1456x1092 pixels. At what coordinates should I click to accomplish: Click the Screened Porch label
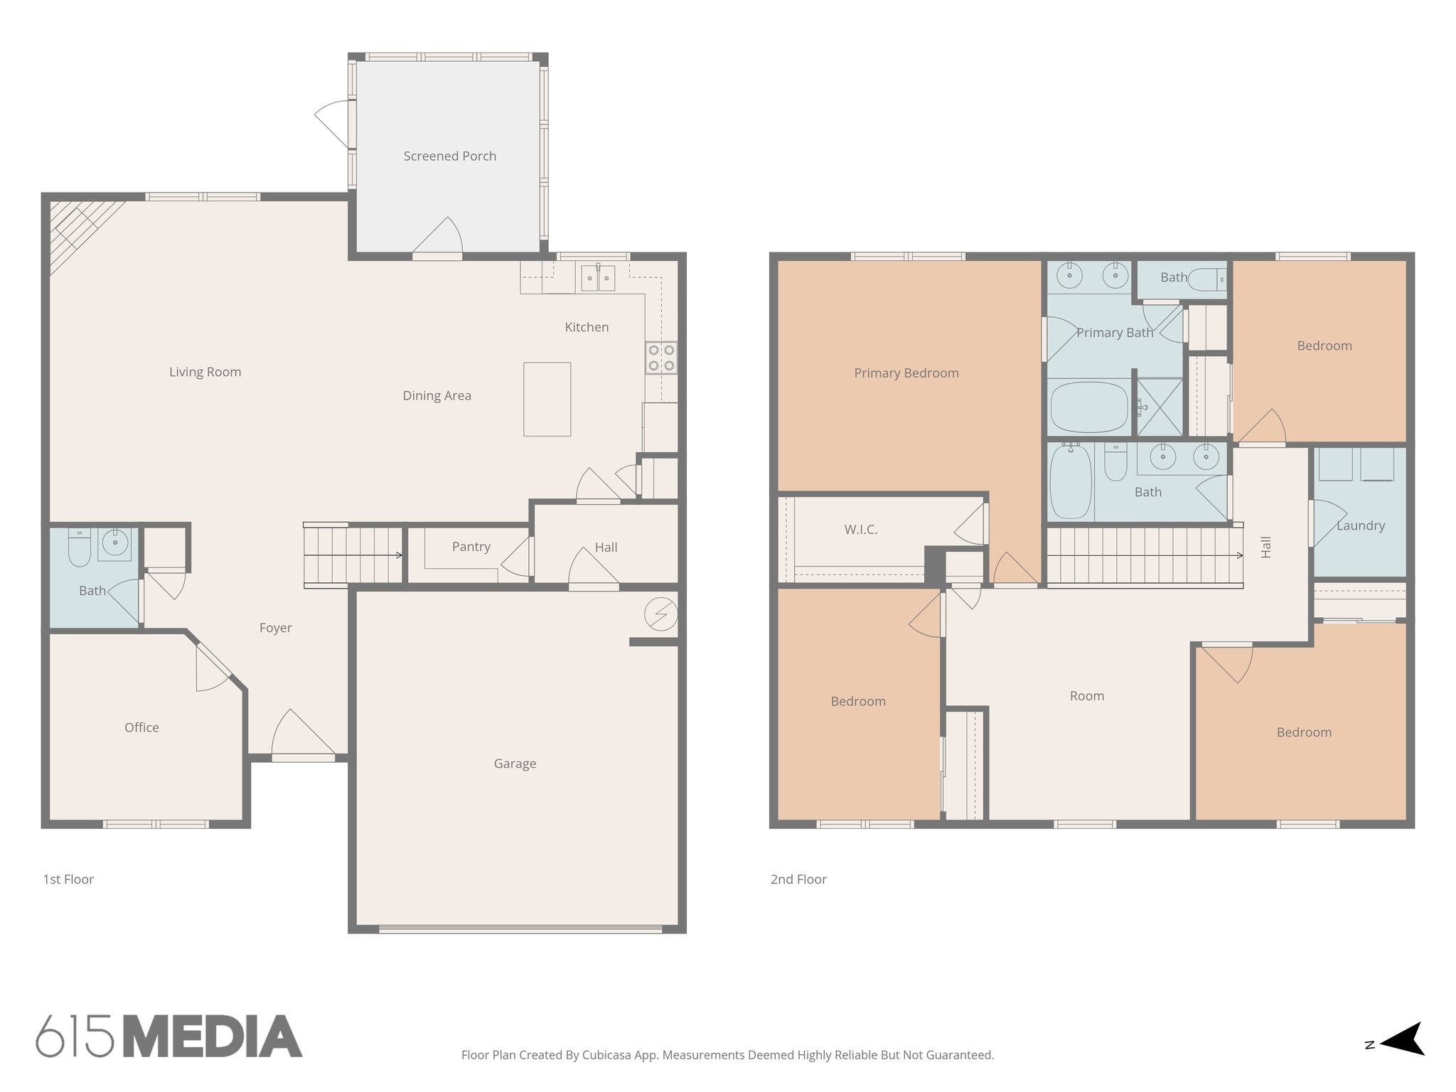[449, 156]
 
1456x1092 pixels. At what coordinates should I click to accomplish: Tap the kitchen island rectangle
[547, 399]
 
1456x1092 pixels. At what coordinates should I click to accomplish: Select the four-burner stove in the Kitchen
[660, 358]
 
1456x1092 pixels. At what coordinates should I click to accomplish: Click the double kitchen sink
[597, 277]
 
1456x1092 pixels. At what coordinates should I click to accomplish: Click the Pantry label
[471, 547]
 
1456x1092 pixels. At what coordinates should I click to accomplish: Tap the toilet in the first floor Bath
[80, 547]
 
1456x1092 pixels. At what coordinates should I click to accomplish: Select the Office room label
[141, 727]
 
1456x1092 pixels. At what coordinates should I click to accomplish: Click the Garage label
[515, 764]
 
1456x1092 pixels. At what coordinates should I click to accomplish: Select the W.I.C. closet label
[860, 530]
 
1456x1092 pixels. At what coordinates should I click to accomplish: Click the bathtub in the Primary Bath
[1088, 407]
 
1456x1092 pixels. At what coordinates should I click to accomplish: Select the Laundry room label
[1360, 526]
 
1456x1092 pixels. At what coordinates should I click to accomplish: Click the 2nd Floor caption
[798, 879]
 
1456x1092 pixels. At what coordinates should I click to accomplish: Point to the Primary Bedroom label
[906, 373]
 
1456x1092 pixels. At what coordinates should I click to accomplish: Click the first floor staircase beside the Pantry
[353, 555]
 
